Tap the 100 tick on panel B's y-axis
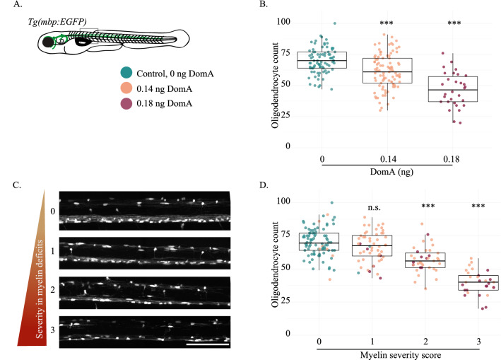click(283, 23)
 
